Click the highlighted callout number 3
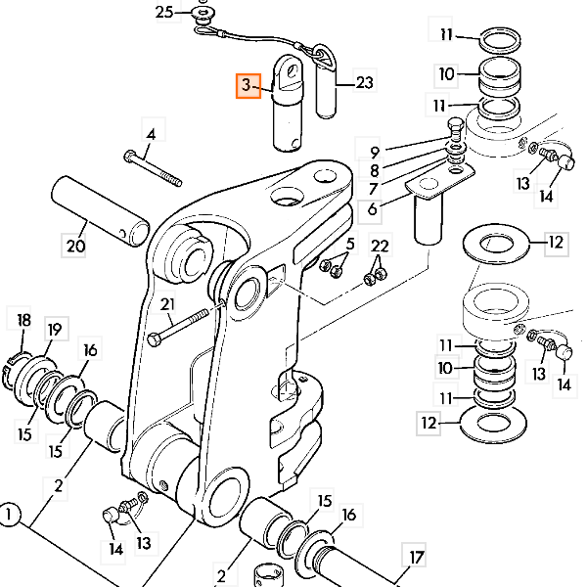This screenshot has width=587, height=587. (247, 86)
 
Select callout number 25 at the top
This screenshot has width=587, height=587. (165, 12)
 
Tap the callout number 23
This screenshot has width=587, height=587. (364, 84)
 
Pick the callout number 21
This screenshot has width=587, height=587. (166, 303)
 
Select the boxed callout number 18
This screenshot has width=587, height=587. (23, 320)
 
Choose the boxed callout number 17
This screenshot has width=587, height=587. (417, 558)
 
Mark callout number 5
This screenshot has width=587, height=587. (350, 244)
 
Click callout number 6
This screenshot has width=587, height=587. (372, 207)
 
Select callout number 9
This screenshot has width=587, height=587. (374, 152)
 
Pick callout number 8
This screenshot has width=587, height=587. (374, 168)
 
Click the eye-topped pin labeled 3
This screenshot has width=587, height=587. (291, 108)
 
